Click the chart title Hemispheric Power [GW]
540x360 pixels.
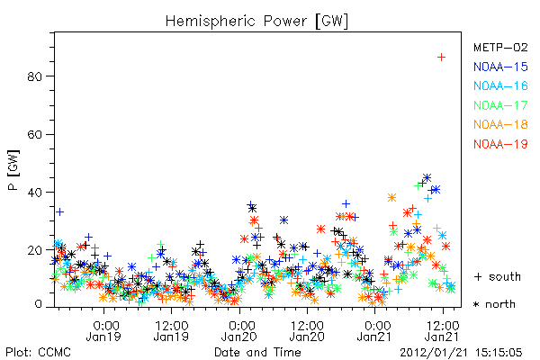tap(256, 21)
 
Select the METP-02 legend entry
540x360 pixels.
tap(500, 47)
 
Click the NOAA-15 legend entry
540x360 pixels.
tap(500, 67)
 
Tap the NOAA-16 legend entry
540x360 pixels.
tap(500, 85)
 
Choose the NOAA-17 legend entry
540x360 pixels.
tap(500, 105)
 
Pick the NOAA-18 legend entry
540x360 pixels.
tap(500, 124)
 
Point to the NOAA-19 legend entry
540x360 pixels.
tap(500, 144)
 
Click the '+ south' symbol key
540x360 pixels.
tap(498, 276)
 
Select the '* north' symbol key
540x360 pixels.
tap(494, 304)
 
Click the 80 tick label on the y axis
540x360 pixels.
tap(34, 76)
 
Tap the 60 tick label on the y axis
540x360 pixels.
tap(34, 134)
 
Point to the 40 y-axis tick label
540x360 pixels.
tap(34, 192)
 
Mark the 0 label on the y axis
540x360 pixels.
tap(38, 304)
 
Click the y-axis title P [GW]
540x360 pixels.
tap(13, 170)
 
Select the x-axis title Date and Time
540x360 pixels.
tap(257, 352)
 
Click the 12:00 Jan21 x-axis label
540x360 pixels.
tap(443, 331)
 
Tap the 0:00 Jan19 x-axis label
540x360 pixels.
tap(103, 331)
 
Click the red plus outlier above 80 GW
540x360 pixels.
tap(441, 58)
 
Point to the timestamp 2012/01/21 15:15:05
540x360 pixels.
tap(461, 353)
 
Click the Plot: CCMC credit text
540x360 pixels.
tap(38, 353)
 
